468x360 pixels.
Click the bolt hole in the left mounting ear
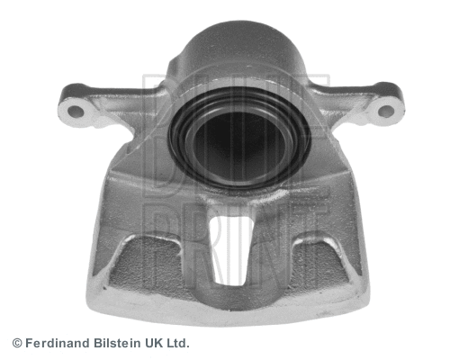(76, 112)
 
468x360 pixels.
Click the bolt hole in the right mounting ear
(386, 111)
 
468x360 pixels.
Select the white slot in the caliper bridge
(231, 250)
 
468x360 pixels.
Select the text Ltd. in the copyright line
(178, 343)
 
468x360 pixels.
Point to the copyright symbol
(17, 343)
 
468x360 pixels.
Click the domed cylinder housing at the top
(240, 51)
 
